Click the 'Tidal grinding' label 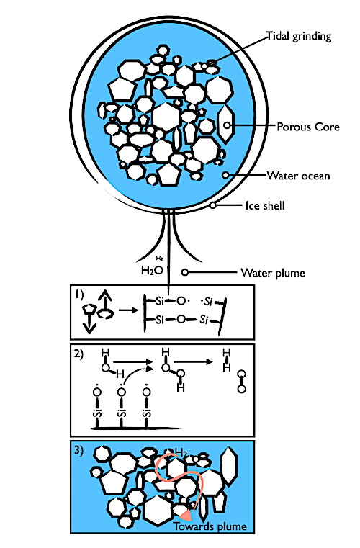click(x=299, y=37)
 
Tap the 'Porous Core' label click(x=308, y=127)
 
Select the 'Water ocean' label click(x=299, y=176)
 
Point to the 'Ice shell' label click(x=265, y=205)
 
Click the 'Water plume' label click(x=273, y=273)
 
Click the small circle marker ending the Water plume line click(x=185, y=272)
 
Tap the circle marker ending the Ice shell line click(x=213, y=205)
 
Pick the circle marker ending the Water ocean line click(x=226, y=175)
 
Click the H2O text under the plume click(x=152, y=270)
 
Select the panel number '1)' click(x=79, y=295)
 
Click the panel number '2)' click(x=78, y=354)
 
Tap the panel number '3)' click(x=78, y=450)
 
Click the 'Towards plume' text click(x=210, y=526)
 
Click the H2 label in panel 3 click(x=181, y=453)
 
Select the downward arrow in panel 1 click(x=90, y=323)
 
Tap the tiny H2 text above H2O click(x=159, y=259)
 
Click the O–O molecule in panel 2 click(x=241, y=382)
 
